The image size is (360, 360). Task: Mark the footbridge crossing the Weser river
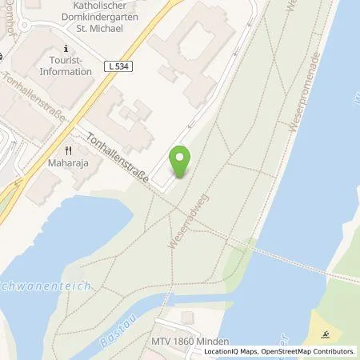coord(288,262)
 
